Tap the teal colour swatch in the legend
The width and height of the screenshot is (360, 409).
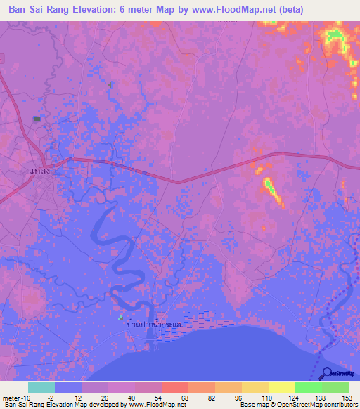coord(41,387)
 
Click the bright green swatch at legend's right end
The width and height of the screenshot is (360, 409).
coord(335,387)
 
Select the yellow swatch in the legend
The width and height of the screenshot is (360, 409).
coord(281,387)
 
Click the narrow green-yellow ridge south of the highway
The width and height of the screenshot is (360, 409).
coord(270,186)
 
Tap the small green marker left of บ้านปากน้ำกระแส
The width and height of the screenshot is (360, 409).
coord(120,318)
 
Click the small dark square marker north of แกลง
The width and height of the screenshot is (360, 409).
coord(37,118)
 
